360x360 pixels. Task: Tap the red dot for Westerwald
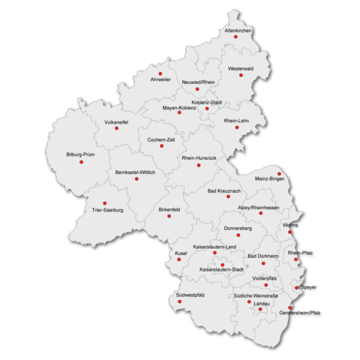(241, 75)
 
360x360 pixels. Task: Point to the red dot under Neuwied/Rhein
(197, 88)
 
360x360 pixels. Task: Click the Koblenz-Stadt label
(207, 101)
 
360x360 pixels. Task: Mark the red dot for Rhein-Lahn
(237, 127)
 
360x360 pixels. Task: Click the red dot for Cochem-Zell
(161, 146)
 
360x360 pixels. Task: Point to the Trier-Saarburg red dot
(104, 202)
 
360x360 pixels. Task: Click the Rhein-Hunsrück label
(199, 158)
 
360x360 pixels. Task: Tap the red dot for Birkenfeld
(169, 216)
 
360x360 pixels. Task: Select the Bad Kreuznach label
(223, 192)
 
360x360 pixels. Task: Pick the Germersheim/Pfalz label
(304, 312)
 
